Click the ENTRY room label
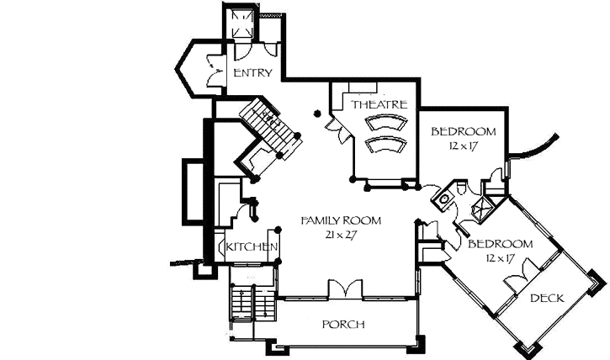(x=252, y=72)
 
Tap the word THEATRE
(x=379, y=104)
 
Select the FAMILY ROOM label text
(x=341, y=220)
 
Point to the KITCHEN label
(x=248, y=246)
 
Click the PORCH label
(x=343, y=325)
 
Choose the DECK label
(x=547, y=299)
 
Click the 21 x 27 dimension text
(x=341, y=235)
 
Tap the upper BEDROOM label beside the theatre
(x=464, y=132)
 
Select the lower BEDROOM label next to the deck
(x=500, y=244)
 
